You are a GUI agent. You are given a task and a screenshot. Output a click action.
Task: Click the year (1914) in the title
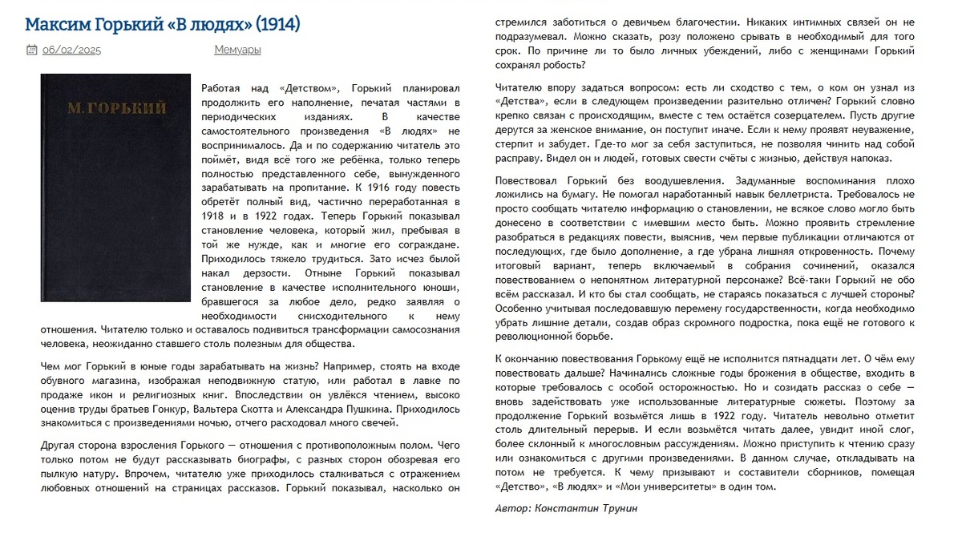coord(274,24)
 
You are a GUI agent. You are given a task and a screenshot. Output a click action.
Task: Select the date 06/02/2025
coord(71,50)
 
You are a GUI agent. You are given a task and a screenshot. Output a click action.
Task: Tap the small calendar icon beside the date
coord(31,50)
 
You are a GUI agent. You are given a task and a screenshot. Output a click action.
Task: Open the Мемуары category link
coord(237,50)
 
